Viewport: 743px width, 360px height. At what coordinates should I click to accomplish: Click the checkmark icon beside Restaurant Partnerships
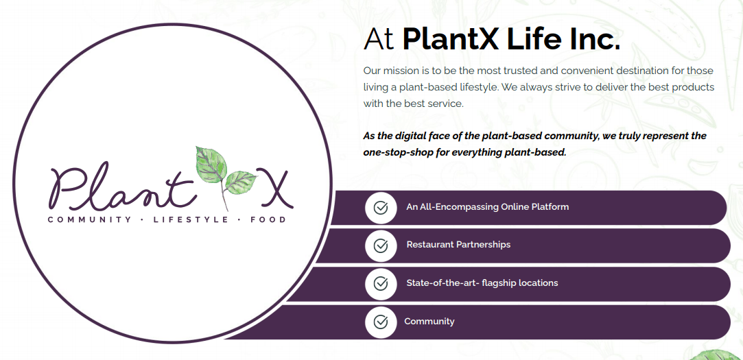click(381, 245)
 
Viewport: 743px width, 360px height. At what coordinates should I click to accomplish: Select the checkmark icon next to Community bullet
click(381, 322)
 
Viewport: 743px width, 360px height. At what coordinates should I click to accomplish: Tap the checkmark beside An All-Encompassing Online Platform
click(381, 208)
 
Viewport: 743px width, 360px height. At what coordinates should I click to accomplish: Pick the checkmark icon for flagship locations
click(381, 284)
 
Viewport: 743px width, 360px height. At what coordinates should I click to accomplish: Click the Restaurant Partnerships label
click(458, 245)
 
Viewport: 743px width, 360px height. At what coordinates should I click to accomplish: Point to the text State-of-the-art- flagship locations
click(482, 283)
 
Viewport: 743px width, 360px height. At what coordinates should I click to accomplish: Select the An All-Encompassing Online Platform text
click(487, 207)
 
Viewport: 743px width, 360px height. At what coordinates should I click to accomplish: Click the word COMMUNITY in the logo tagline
click(89, 220)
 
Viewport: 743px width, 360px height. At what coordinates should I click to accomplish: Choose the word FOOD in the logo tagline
click(268, 220)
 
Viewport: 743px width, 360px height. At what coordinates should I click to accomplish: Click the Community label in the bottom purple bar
click(429, 322)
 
